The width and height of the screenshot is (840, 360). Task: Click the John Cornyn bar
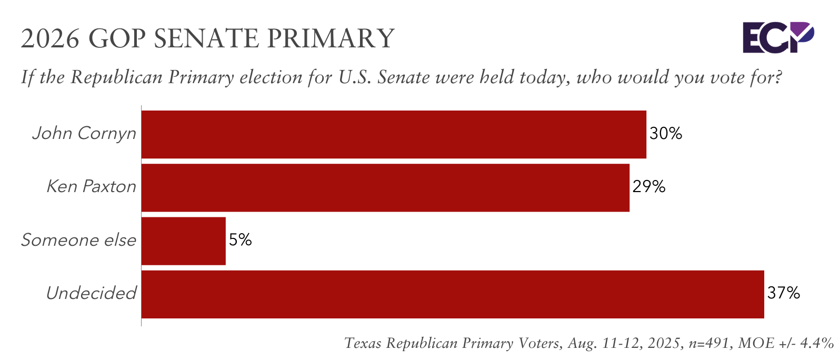(394, 134)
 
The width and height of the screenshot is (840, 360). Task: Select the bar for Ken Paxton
(385, 188)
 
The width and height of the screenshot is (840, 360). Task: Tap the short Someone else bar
(184, 241)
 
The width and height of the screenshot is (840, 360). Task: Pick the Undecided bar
(453, 294)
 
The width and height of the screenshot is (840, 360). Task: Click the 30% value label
(665, 134)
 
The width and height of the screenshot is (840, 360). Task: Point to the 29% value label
(648, 187)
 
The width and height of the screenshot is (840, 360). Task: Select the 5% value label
(240, 241)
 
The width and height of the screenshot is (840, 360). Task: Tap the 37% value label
(783, 293)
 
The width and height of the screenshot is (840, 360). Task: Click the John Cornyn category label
(84, 134)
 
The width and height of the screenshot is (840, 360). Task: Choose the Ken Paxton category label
(91, 187)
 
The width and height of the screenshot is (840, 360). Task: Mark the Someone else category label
(78, 241)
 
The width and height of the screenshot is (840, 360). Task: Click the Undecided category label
(91, 293)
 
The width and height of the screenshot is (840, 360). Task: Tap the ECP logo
(778, 37)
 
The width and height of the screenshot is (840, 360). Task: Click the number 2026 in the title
(50, 38)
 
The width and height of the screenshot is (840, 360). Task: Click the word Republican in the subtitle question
(116, 77)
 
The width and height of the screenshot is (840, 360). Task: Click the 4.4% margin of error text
(816, 344)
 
